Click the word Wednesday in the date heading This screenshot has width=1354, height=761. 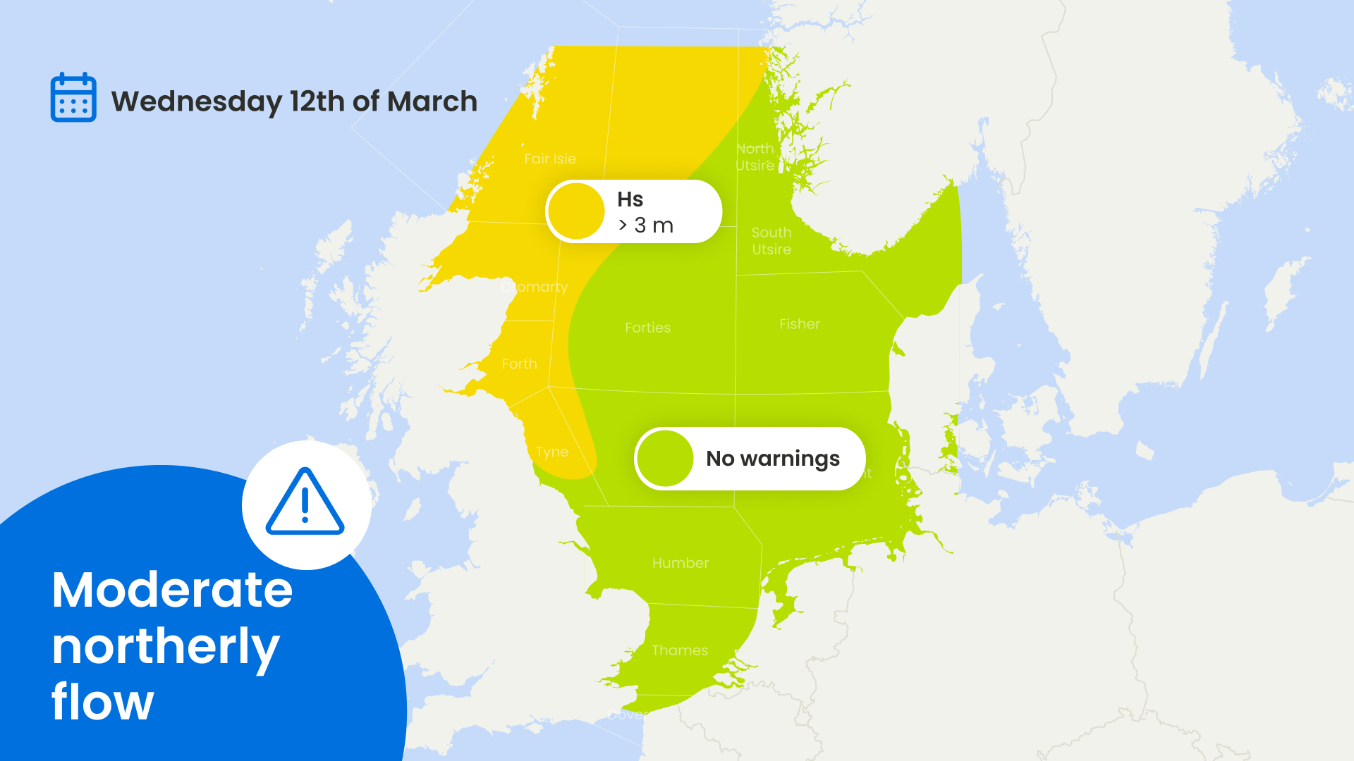tap(196, 101)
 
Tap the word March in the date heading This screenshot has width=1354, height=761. tap(432, 101)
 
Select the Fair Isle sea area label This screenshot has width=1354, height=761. tap(550, 159)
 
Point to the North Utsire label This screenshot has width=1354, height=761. tap(755, 157)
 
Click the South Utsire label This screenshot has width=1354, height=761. tap(771, 241)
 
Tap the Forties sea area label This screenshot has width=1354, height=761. tap(647, 328)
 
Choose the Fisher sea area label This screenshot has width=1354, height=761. tap(799, 324)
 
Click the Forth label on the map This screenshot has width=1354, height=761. tap(519, 364)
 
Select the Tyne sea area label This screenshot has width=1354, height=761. tap(551, 452)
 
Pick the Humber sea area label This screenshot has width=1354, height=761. tap(680, 563)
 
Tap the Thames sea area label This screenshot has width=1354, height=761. tap(679, 650)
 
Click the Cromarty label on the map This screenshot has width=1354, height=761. tap(535, 287)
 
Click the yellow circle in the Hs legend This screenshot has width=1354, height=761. tap(577, 211)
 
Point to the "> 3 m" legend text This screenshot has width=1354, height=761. tap(645, 225)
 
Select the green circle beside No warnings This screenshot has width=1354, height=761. tap(665, 459)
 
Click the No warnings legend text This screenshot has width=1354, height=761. tap(772, 459)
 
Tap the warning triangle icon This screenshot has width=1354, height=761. tap(305, 502)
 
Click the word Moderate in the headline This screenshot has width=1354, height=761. tap(172, 590)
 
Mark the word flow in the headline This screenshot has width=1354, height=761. tap(102, 703)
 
